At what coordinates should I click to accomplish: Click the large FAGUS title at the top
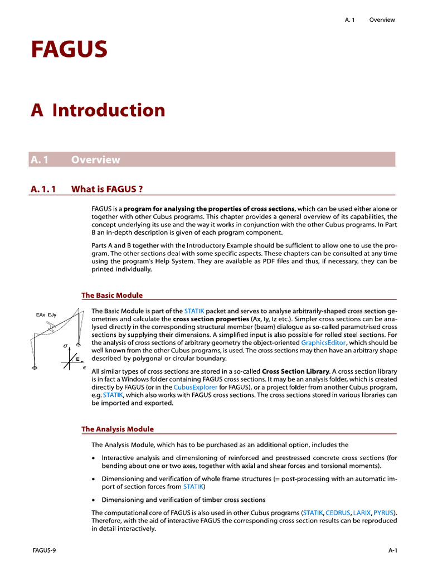tap(69, 50)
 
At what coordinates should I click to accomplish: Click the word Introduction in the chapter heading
tap(109, 110)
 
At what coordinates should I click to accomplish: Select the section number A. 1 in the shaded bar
tap(40, 159)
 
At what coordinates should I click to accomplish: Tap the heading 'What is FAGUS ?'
tap(107, 189)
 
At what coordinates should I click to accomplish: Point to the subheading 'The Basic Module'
tap(112, 295)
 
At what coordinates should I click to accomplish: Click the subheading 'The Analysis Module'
tap(118, 429)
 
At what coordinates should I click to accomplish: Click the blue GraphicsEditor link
tap(323, 342)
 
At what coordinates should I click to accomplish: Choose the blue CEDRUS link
tap(338, 512)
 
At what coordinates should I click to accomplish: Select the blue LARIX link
tap(362, 512)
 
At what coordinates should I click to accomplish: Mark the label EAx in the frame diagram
tap(41, 315)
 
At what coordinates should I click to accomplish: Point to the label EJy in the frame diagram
tap(53, 315)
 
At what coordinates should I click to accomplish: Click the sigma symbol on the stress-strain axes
tap(66, 346)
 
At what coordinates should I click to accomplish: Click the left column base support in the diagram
tap(35, 367)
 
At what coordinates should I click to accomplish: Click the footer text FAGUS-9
tap(44, 550)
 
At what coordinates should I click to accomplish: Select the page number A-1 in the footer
tap(392, 550)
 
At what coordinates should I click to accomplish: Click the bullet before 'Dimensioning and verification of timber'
tap(93, 500)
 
